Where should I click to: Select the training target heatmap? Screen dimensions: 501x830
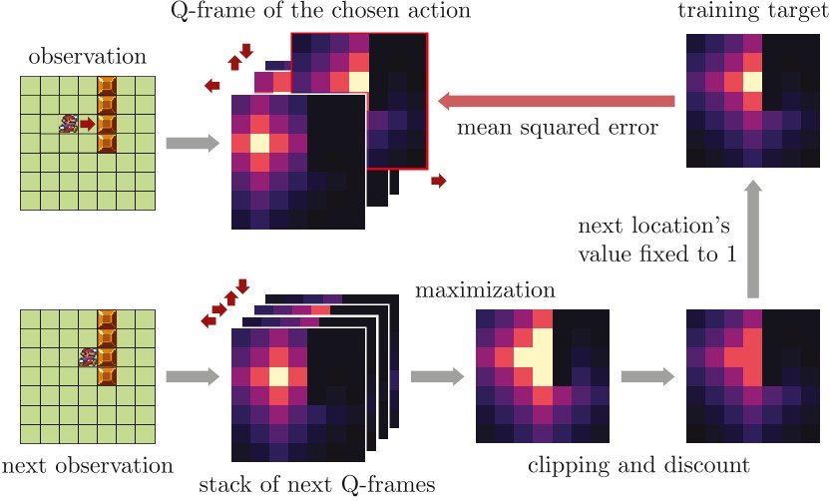click(744, 99)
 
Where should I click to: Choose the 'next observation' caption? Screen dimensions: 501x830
click(88, 465)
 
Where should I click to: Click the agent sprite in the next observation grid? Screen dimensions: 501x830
click(88, 356)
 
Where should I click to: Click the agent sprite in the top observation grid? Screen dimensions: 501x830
click(69, 124)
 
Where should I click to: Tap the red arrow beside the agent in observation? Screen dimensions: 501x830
click(88, 124)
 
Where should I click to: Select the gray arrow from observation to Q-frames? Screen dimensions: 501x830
click(192, 144)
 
